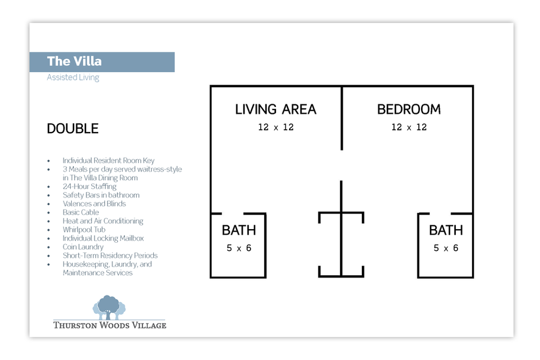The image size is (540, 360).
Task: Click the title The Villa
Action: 74,61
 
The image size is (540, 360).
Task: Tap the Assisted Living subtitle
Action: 73,78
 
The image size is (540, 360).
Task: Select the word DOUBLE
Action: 73,128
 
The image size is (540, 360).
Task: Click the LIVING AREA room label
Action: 275,110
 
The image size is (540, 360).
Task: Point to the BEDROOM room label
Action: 409,110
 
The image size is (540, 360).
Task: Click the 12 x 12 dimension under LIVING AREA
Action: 276,128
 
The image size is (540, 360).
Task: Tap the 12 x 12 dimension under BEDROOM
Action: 409,128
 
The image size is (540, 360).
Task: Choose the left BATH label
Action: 239,230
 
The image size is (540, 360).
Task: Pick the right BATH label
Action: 446,230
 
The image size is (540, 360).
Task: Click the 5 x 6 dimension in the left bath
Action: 239,248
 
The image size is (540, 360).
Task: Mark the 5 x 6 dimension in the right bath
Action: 446,248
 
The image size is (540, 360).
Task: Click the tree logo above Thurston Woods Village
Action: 109,307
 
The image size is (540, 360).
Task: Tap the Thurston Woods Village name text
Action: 110,325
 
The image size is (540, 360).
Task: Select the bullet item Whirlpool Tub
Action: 84,230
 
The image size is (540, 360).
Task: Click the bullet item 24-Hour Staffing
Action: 90,187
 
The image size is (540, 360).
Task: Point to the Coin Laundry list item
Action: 83,247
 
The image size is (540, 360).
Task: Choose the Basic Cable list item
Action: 80,212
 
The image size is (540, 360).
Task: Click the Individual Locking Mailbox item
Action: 103,238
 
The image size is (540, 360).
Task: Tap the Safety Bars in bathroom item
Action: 101,195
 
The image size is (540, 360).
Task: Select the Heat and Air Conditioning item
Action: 103,221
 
